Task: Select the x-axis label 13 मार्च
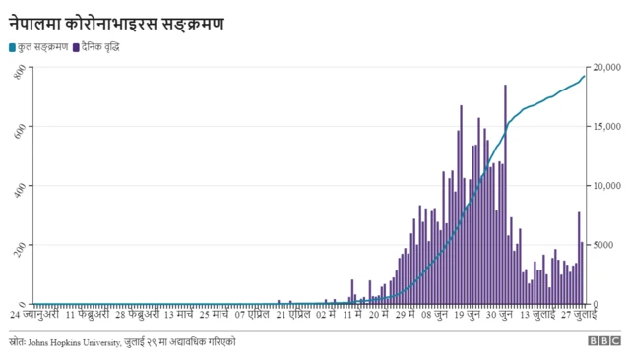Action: [184, 316]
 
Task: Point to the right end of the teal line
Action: [585, 76]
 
